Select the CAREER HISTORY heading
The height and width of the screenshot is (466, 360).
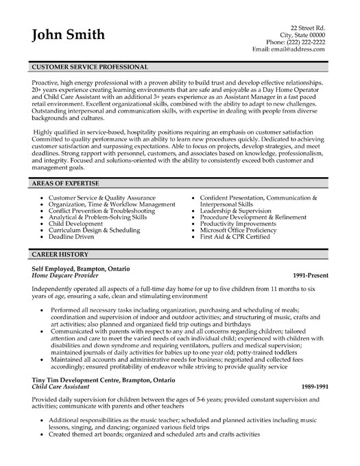pos(57,253)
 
